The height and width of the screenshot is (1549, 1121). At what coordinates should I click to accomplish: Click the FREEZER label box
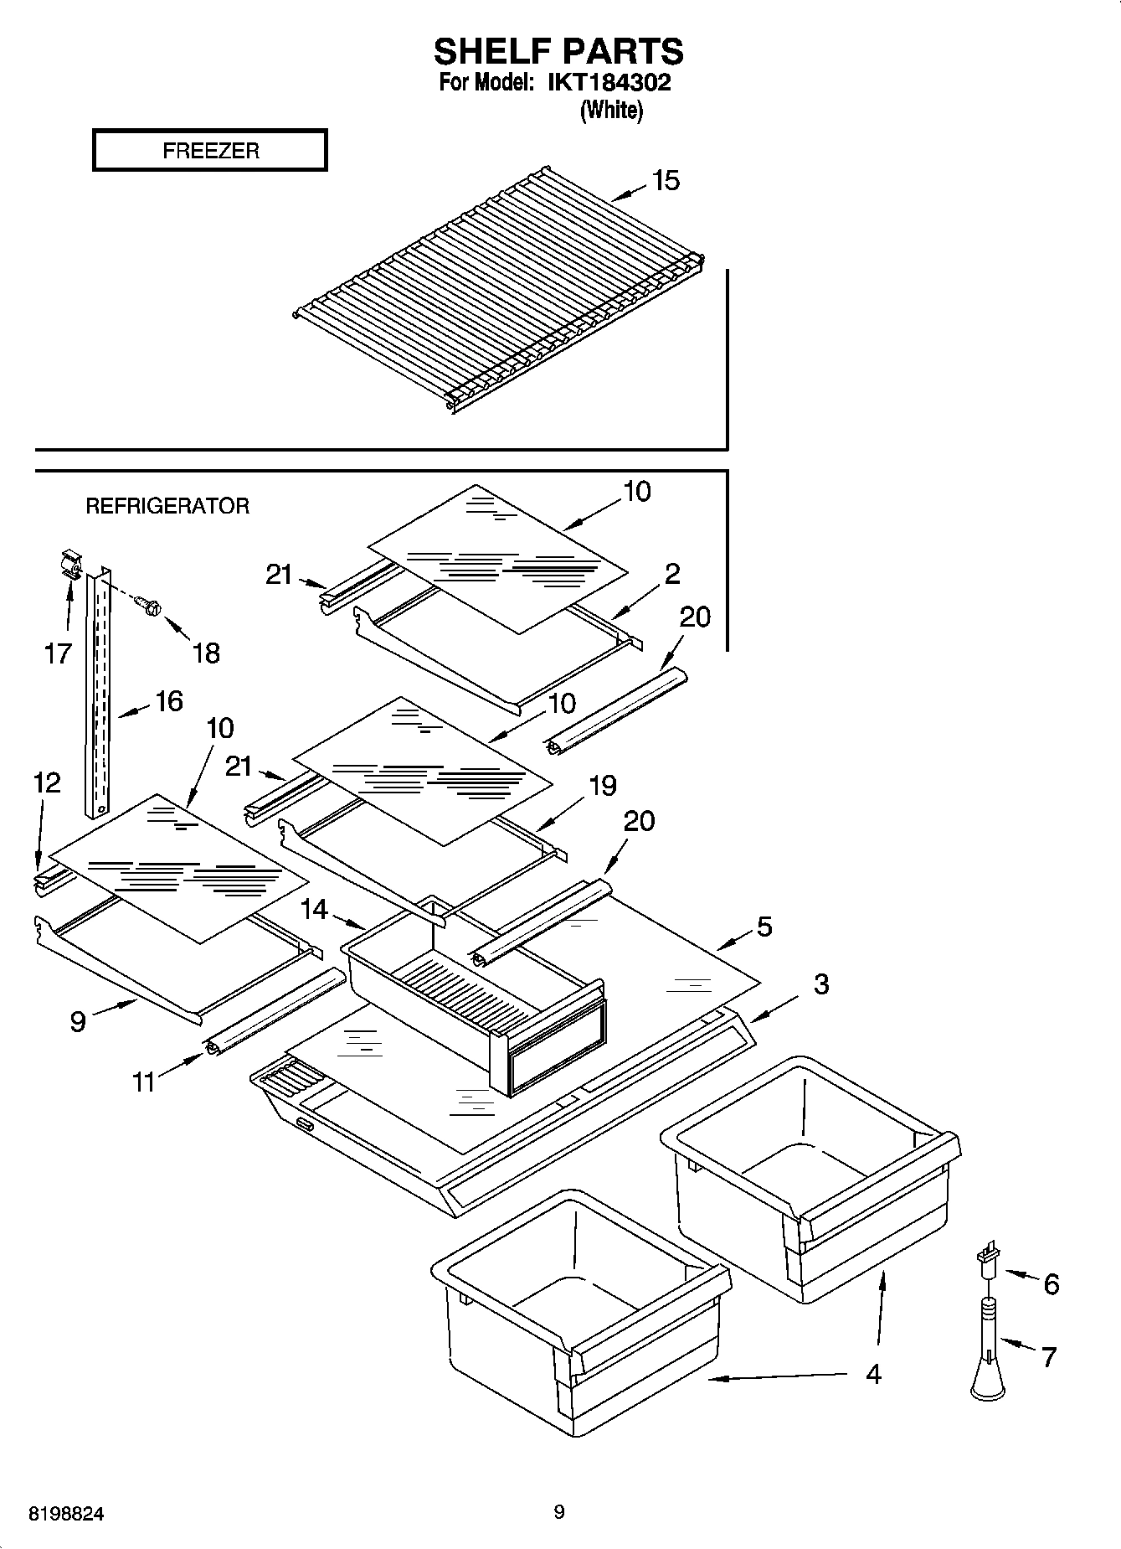(209, 151)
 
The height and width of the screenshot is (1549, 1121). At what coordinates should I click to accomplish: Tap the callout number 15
(666, 180)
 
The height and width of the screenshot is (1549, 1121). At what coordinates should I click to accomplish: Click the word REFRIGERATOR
(167, 506)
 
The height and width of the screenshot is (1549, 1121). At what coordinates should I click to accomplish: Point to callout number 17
(58, 653)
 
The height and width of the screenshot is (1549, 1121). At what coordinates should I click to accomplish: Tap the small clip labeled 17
(71, 565)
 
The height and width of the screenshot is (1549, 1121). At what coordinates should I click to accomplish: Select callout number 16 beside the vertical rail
(168, 701)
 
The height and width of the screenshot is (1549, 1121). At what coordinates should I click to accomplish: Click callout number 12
(47, 783)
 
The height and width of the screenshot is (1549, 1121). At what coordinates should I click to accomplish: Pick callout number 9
(78, 1021)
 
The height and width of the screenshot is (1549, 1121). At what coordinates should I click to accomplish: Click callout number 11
(144, 1082)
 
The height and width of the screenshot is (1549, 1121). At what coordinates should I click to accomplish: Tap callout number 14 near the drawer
(314, 909)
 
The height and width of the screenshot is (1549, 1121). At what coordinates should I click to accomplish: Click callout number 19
(602, 786)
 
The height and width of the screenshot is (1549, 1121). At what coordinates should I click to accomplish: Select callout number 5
(764, 927)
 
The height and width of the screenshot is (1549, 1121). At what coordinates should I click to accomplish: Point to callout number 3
(820, 984)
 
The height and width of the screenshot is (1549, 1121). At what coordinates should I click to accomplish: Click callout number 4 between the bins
(873, 1374)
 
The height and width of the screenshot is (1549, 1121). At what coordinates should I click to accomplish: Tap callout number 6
(1051, 1284)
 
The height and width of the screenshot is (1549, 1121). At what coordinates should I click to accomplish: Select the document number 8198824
(66, 1514)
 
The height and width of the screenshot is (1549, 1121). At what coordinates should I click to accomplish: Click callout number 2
(672, 574)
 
